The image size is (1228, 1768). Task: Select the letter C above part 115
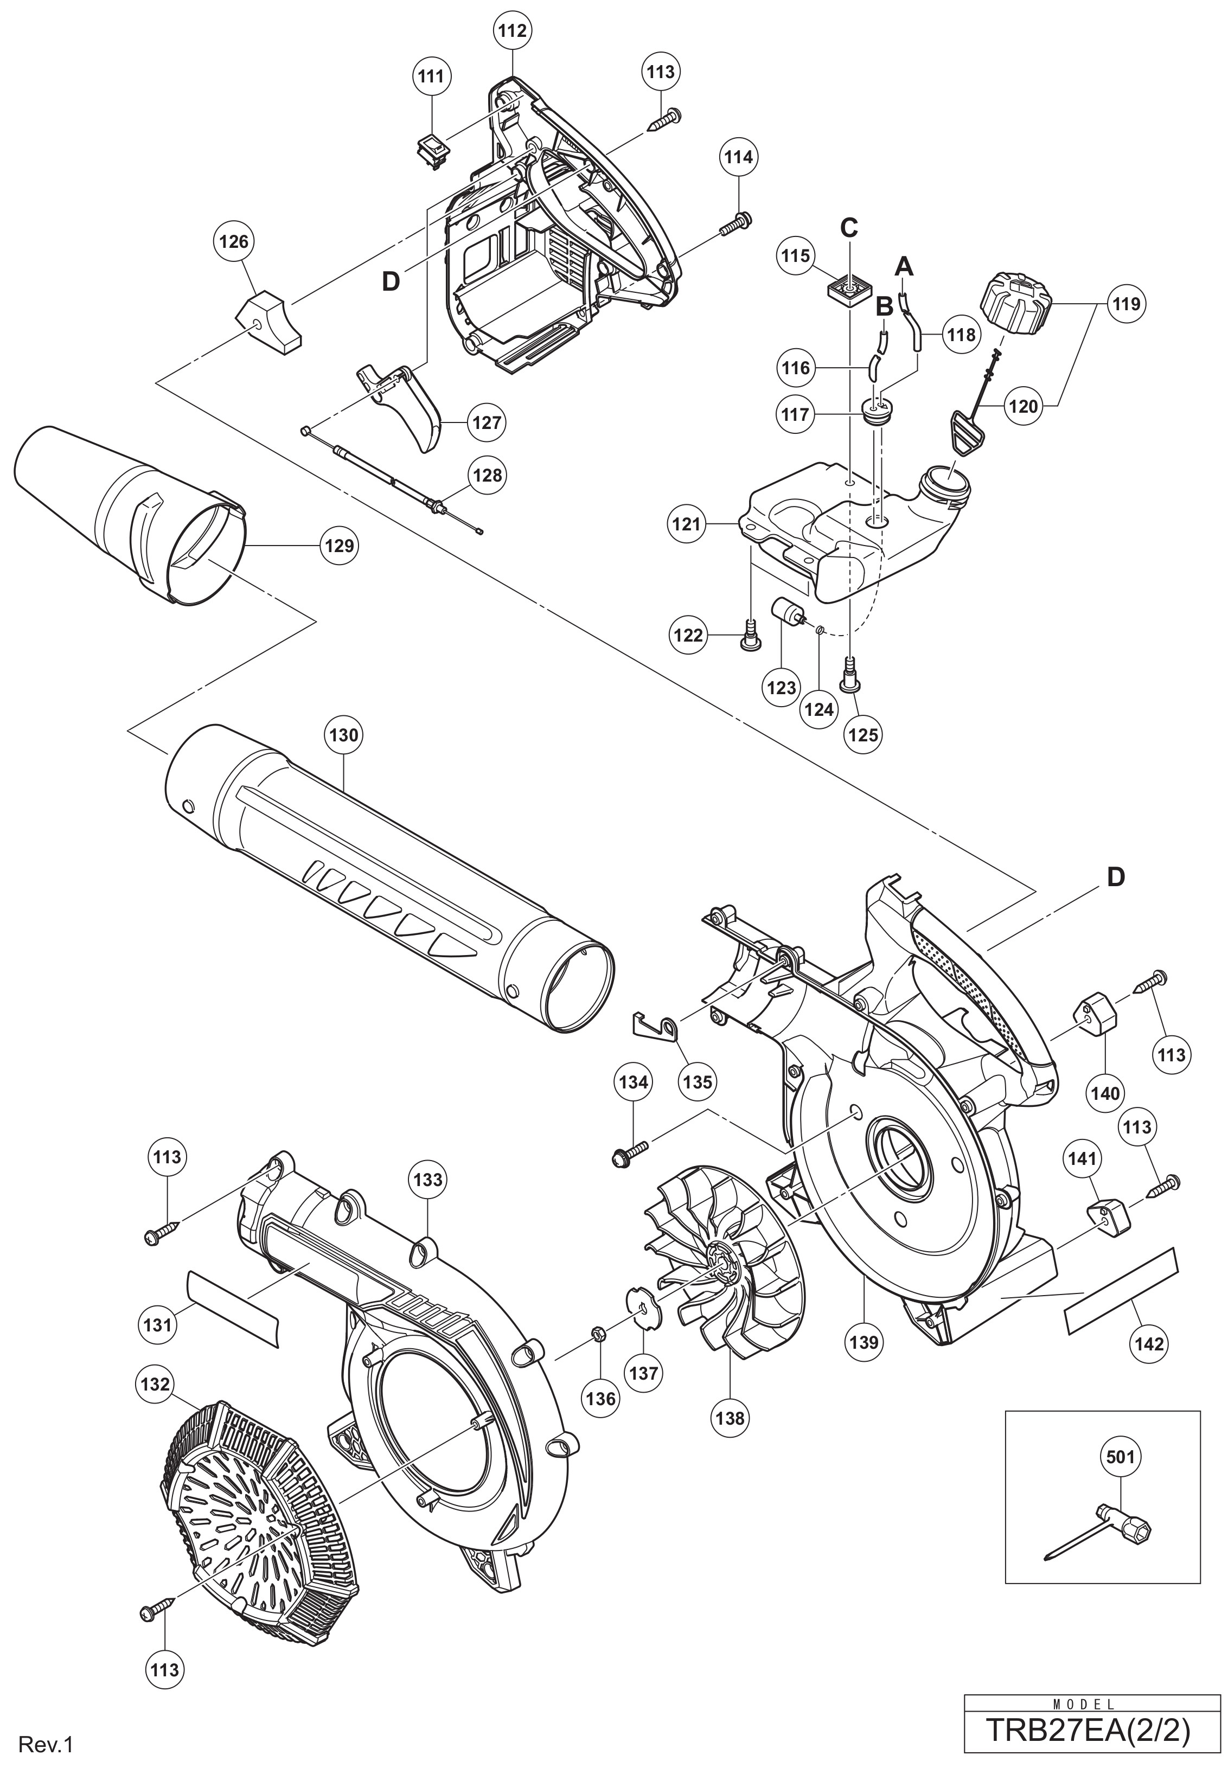[x=849, y=228]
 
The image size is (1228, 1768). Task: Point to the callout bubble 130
[x=343, y=735]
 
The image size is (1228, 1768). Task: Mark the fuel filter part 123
[x=789, y=618]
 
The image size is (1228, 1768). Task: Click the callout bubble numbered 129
[x=338, y=546]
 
